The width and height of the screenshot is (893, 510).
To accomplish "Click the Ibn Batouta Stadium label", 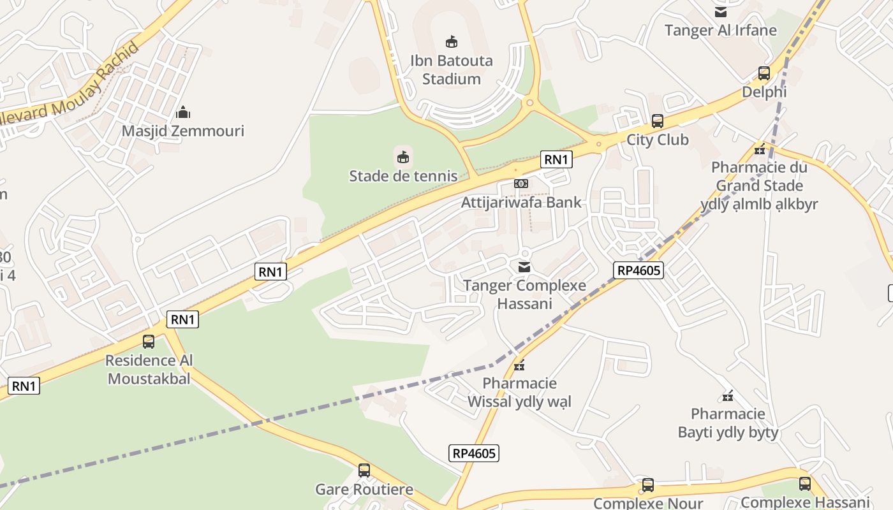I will [451, 70].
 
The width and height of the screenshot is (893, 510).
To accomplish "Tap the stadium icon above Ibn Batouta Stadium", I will [451, 42].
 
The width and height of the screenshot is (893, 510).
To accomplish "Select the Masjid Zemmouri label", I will [183, 131].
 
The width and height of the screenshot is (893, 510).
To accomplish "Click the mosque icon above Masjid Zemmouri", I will [183, 113].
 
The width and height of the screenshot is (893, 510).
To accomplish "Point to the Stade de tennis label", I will [403, 176].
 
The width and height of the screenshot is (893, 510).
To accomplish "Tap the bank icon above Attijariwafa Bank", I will [521, 184].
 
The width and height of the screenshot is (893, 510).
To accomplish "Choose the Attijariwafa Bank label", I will [522, 203].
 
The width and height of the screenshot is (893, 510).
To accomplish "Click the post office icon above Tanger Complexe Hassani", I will [524, 266].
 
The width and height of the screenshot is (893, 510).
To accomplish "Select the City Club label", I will [658, 140].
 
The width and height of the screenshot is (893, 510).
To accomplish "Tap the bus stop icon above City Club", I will [658, 121].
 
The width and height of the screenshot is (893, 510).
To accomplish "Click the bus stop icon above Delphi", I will [764, 73].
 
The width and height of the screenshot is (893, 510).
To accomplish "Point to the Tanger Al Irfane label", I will [721, 31].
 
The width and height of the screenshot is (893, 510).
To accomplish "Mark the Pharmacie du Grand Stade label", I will [759, 186].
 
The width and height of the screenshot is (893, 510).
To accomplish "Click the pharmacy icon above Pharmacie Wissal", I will [520, 365].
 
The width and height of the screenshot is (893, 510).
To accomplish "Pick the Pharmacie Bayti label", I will [728, 423].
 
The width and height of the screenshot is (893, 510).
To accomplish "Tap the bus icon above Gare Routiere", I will [364, 470].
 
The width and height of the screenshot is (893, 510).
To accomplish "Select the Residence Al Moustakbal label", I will [149, 370].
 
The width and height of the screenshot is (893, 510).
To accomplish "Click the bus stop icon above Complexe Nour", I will [648, 485].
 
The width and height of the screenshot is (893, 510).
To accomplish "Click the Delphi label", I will [764, 92].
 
